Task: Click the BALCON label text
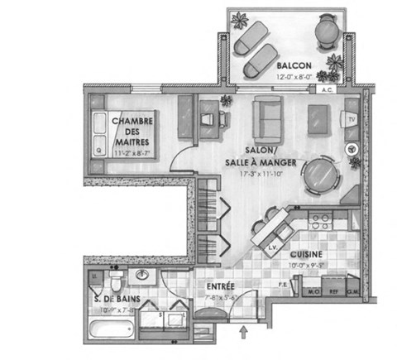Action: (294, 65)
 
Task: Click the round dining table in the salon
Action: (321, 175)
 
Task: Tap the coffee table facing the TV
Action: (318, 119)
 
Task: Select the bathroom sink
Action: (142, 275)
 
